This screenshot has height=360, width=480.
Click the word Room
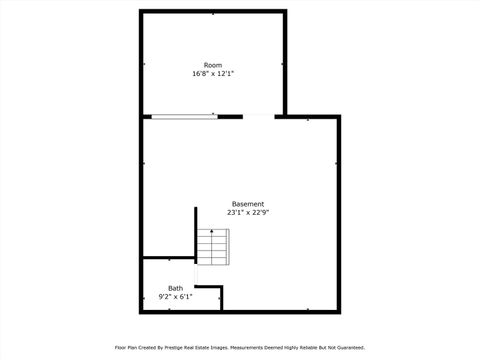pos(213,65)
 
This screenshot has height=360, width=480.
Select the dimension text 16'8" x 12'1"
pos(213,74)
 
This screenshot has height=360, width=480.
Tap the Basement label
pos(248,204)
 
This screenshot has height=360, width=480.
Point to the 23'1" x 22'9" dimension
pos(248,213)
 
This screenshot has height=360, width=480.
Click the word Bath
pos(175,288)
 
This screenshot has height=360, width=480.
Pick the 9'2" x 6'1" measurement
pos(175,297)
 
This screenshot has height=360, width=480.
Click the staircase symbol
pos(212,247)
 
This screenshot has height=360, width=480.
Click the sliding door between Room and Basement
pos(183,117)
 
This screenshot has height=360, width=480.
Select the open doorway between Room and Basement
pos(258,117)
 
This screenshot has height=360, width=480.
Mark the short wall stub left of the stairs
pos(195,235)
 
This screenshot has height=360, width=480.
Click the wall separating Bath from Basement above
pos(168,259)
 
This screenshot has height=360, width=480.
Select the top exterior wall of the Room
pos(213,12)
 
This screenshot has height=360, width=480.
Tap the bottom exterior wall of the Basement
pos(280,311)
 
